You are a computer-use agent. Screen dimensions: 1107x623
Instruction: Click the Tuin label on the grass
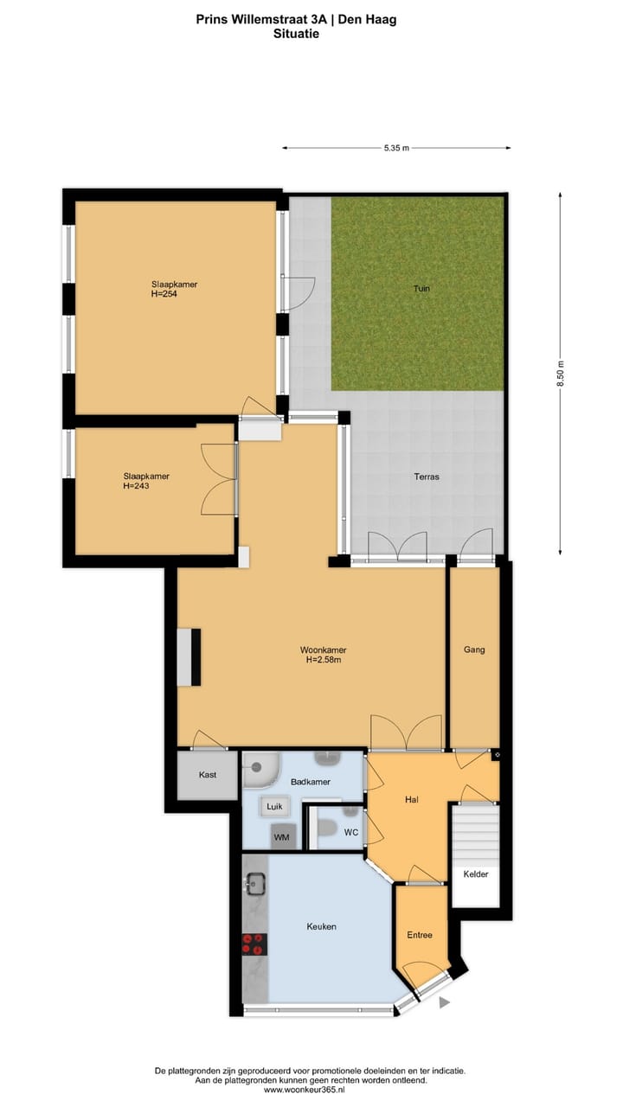[421, 289]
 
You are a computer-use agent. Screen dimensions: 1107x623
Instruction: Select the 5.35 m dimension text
[395, 149]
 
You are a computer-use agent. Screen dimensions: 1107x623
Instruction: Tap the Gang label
[473, 649]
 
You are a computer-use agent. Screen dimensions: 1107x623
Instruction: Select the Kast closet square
[207, 775]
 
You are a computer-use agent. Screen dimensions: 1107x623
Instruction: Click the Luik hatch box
[275, 806]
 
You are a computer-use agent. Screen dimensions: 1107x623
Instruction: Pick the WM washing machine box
[281, 835]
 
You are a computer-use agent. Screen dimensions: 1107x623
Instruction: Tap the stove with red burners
[254, 944]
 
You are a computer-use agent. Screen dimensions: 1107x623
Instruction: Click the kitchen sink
[254, 885]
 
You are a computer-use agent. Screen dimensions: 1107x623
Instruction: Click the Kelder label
[475, 874]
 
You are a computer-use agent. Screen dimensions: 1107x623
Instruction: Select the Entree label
[420, 935]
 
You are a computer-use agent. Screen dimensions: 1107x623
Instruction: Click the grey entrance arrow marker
[446, 1002]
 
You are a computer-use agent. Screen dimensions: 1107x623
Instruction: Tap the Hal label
[412, 800]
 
